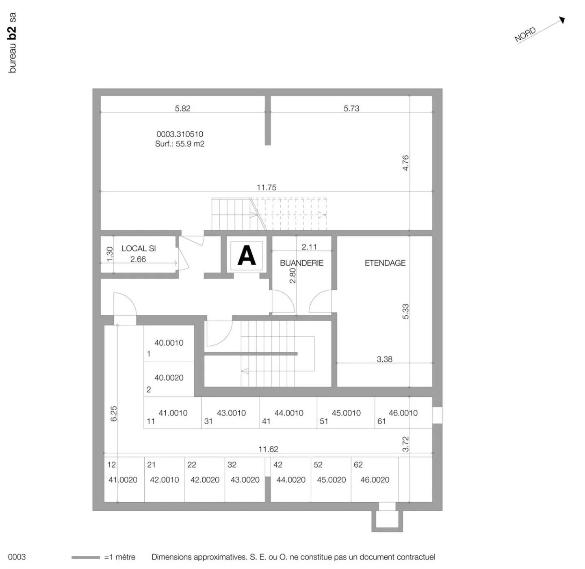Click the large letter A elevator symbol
click(247, 256)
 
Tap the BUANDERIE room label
click(301, 263)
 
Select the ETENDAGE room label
click(385, 263)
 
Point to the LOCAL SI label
click(139, 249)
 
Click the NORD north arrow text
click(525, 35)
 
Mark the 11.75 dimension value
click(266, 187)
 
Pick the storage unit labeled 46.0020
click(375, 480)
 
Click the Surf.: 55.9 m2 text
click(180, 144)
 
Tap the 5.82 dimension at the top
click(182, 109)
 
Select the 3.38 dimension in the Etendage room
click(384, 359)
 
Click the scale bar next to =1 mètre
click(85, 557)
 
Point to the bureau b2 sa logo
click(12, 43)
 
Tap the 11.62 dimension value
click(268, 449)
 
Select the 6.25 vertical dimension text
click(114, 414)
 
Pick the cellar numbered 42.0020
click(205, 480)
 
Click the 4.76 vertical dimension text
click(405, 163)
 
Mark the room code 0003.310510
click(180, 134)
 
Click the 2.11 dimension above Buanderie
click(309, 247)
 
